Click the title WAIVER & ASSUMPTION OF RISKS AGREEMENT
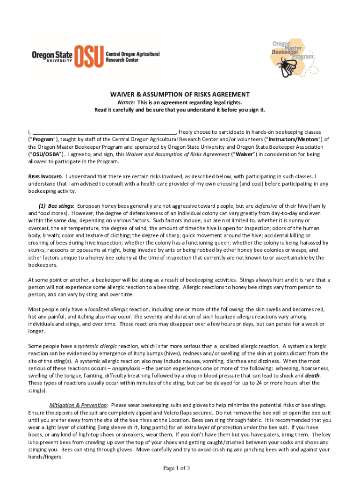180,94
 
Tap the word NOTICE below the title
126,102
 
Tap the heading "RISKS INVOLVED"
45,176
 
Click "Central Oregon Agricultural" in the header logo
133,54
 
